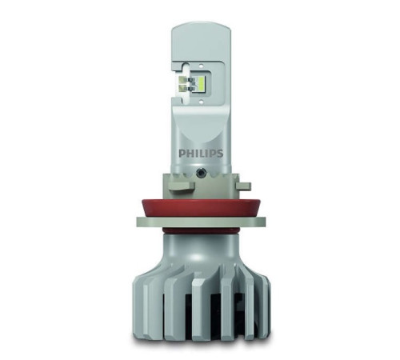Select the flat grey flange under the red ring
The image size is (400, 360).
[x=200, y=219]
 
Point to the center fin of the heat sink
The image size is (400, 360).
[x=200, y=308]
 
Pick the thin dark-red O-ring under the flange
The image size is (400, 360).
[x=200, y=231]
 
